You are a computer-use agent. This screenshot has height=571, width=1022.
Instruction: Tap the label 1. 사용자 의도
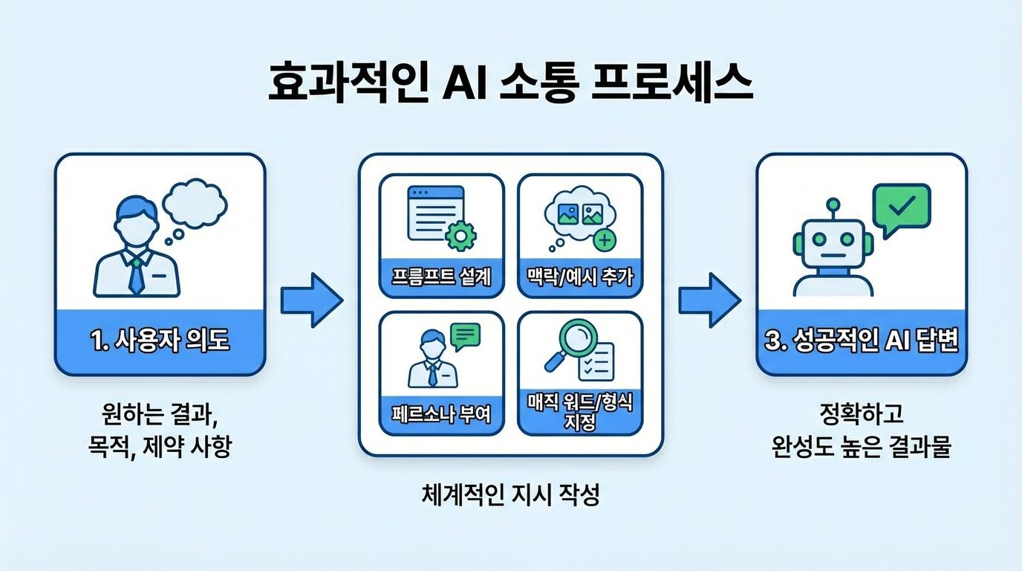(160, 341)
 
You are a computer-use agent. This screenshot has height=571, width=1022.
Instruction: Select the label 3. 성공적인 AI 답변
(862, 341)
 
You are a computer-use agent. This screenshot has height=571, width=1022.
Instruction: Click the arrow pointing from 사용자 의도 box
(311, 300)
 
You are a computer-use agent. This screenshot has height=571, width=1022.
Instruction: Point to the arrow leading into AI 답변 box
(709, 300)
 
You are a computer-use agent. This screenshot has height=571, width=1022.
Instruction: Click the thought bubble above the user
(195, 202)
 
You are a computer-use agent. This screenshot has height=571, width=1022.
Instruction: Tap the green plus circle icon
(605, 239)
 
